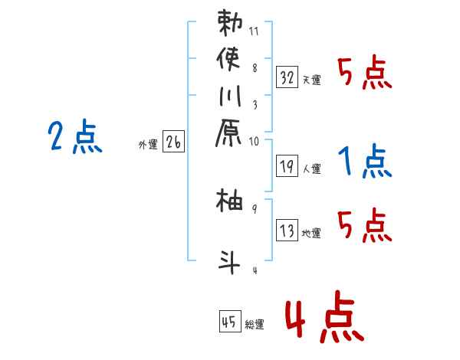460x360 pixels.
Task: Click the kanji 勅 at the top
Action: tap(230, 23)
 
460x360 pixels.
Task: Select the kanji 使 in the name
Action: tap(230, 60)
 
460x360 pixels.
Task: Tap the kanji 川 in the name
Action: tap(229, 99)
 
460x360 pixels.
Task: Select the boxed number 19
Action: tap(287, 165)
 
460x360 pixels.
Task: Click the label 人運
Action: tap(311, 168)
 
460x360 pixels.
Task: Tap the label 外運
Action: tap(148, 143)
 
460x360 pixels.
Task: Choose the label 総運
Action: tap(255, 324)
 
